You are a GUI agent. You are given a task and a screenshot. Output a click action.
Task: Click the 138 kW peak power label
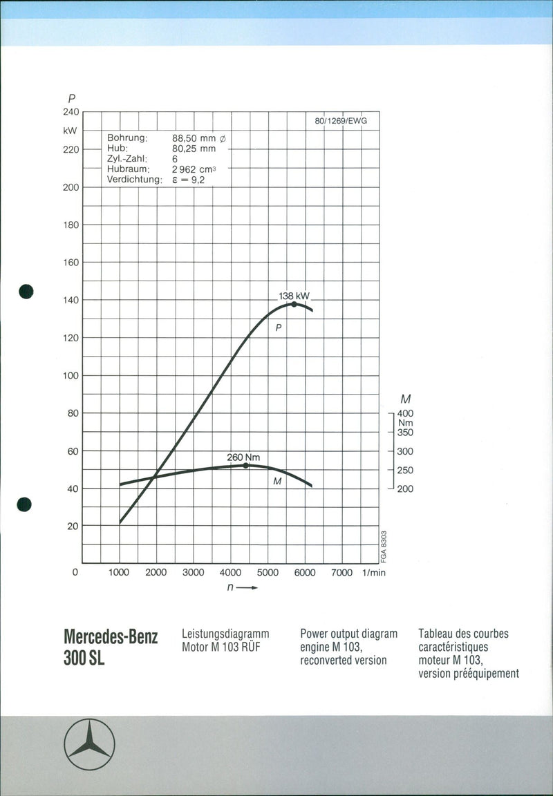[x=294, y=296]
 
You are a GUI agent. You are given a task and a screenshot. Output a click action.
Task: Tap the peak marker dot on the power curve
[x=294, y=304]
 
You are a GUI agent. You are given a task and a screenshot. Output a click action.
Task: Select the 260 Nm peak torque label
[x=243, y=457]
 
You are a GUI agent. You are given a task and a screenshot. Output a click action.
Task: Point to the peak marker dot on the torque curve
[x=245, y=466]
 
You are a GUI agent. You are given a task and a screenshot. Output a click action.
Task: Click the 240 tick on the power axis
[x=72, y=111]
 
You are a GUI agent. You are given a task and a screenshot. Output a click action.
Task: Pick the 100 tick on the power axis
[x=72, y=375]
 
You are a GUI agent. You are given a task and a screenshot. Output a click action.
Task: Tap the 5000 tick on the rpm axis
[x=268, y=573]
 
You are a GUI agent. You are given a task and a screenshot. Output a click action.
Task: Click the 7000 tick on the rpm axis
[x=341, y=573]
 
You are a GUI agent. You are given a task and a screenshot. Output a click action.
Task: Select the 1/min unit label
[x=373, y=573]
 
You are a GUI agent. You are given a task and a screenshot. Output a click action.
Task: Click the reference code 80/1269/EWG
[x=341, y=121]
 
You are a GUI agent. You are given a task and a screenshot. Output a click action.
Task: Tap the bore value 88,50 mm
[x=200, y=138]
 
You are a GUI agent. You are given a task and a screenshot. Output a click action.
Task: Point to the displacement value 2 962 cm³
[x=194, y=169]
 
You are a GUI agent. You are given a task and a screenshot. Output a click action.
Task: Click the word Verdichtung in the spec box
[x=134, y=180]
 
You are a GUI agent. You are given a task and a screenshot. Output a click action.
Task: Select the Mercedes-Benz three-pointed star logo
[x=89, y=744]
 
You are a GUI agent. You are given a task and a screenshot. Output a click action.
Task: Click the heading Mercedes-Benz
[x=111, y=637]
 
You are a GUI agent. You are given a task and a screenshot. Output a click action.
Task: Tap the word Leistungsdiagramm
[x=225, y=633]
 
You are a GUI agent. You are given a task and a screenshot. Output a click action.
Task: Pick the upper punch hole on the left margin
[x=26, y=291]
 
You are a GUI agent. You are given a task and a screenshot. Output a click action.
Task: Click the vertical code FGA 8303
[x=384, y=547]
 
